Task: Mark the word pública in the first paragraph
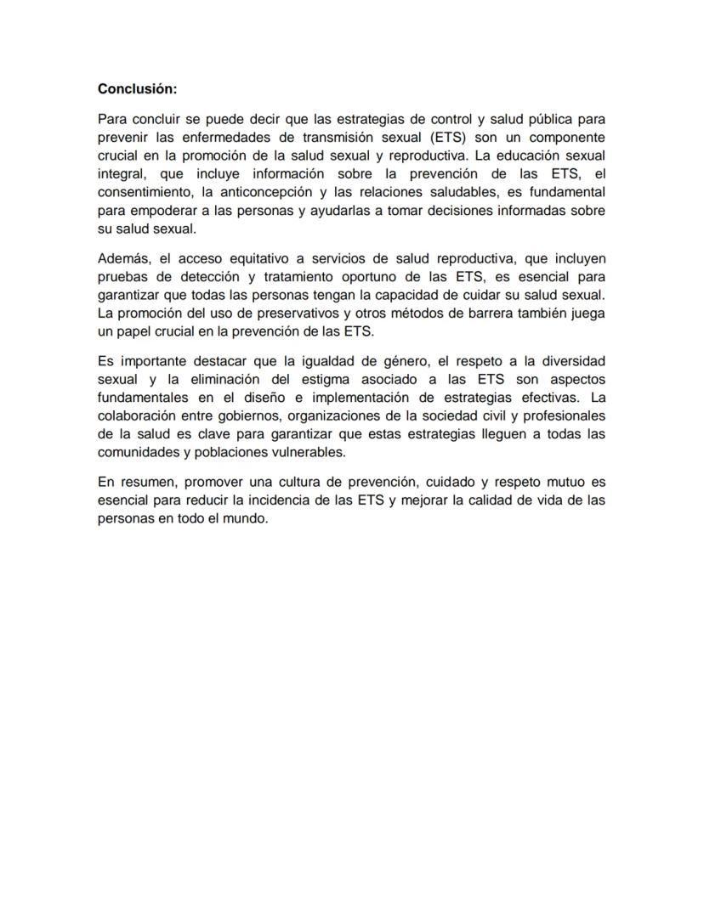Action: tap(533, 119)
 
